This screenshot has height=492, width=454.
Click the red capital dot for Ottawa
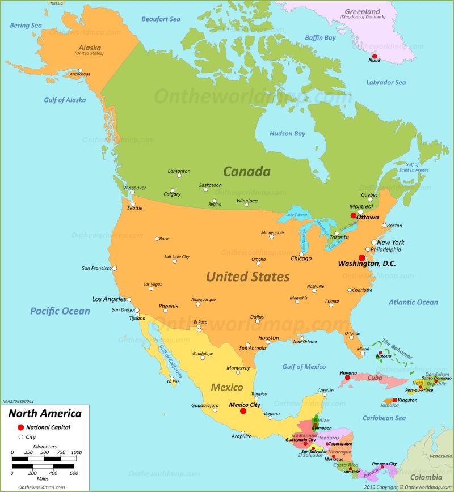click(x=353, y=215)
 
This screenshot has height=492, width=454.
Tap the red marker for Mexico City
click(x=243, y=411)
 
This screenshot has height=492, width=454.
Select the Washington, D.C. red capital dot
click(x=361, y=257)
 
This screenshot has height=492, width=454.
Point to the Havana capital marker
click(x=347, y=378)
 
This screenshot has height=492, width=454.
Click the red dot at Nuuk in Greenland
click(x=374, y=56)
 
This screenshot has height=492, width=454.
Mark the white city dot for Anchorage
click(x=80, y=71)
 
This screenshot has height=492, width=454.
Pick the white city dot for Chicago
click(x=301, y=254)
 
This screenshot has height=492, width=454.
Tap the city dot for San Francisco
click(x=114, y=268)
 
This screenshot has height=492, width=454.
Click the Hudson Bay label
click(x=288, y=134)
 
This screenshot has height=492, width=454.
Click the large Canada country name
click(x=246, y=171)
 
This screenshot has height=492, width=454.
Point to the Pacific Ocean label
click(x=60, y=311)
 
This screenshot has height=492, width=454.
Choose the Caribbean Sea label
click(x=384, y=418)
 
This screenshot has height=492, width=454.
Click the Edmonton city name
click(x=179, y=171)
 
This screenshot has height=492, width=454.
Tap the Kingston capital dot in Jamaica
click(x=395, y=400)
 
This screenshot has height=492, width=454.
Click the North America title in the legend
click(x=45, y=414)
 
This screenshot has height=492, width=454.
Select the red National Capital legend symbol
click(x=21, y=427)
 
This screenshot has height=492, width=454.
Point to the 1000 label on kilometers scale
click(x=75, y=452)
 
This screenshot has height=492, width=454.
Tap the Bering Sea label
click(x=26, y=26)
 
